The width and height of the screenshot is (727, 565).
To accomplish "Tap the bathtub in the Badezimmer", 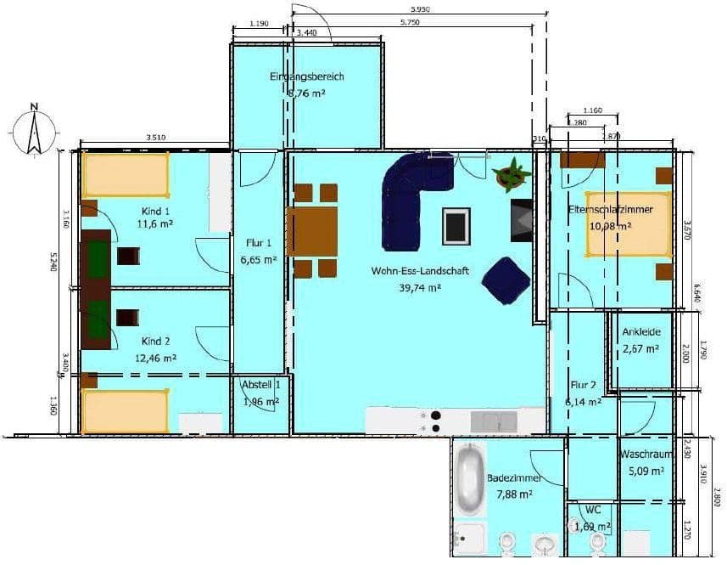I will (468, 481).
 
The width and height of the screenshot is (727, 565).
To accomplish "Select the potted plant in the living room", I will (512, 174).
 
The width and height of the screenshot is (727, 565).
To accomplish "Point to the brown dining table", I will (314, 230).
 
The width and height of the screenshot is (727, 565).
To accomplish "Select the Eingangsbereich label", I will (307, 76).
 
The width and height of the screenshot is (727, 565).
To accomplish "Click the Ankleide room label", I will (641, 332).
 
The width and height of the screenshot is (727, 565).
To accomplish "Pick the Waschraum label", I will (646, 455).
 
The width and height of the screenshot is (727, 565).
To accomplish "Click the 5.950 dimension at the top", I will (417, 9).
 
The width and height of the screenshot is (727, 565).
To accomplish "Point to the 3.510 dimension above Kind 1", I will (155, 137).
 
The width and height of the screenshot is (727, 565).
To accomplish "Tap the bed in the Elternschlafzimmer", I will (627, 223).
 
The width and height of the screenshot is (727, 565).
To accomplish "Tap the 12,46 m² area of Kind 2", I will (155, 358).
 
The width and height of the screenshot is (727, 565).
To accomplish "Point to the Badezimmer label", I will (509, 478).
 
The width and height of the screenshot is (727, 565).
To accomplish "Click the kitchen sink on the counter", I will (494, 421).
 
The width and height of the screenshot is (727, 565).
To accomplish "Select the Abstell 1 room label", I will (260, 384).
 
